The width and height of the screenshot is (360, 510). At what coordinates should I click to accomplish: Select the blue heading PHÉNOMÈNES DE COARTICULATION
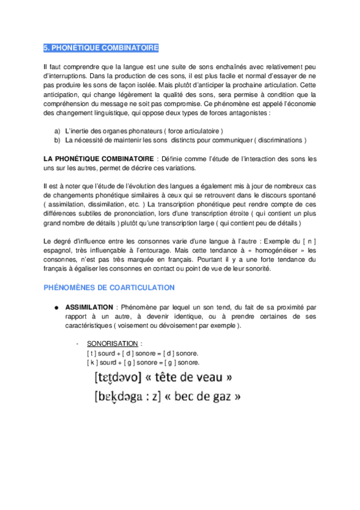109,287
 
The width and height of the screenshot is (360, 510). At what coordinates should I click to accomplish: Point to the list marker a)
58,131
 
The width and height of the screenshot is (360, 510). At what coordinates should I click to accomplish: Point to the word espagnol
59,250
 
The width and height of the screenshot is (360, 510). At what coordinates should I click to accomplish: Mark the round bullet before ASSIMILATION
56,307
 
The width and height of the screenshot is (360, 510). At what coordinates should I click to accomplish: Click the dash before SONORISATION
78,343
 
